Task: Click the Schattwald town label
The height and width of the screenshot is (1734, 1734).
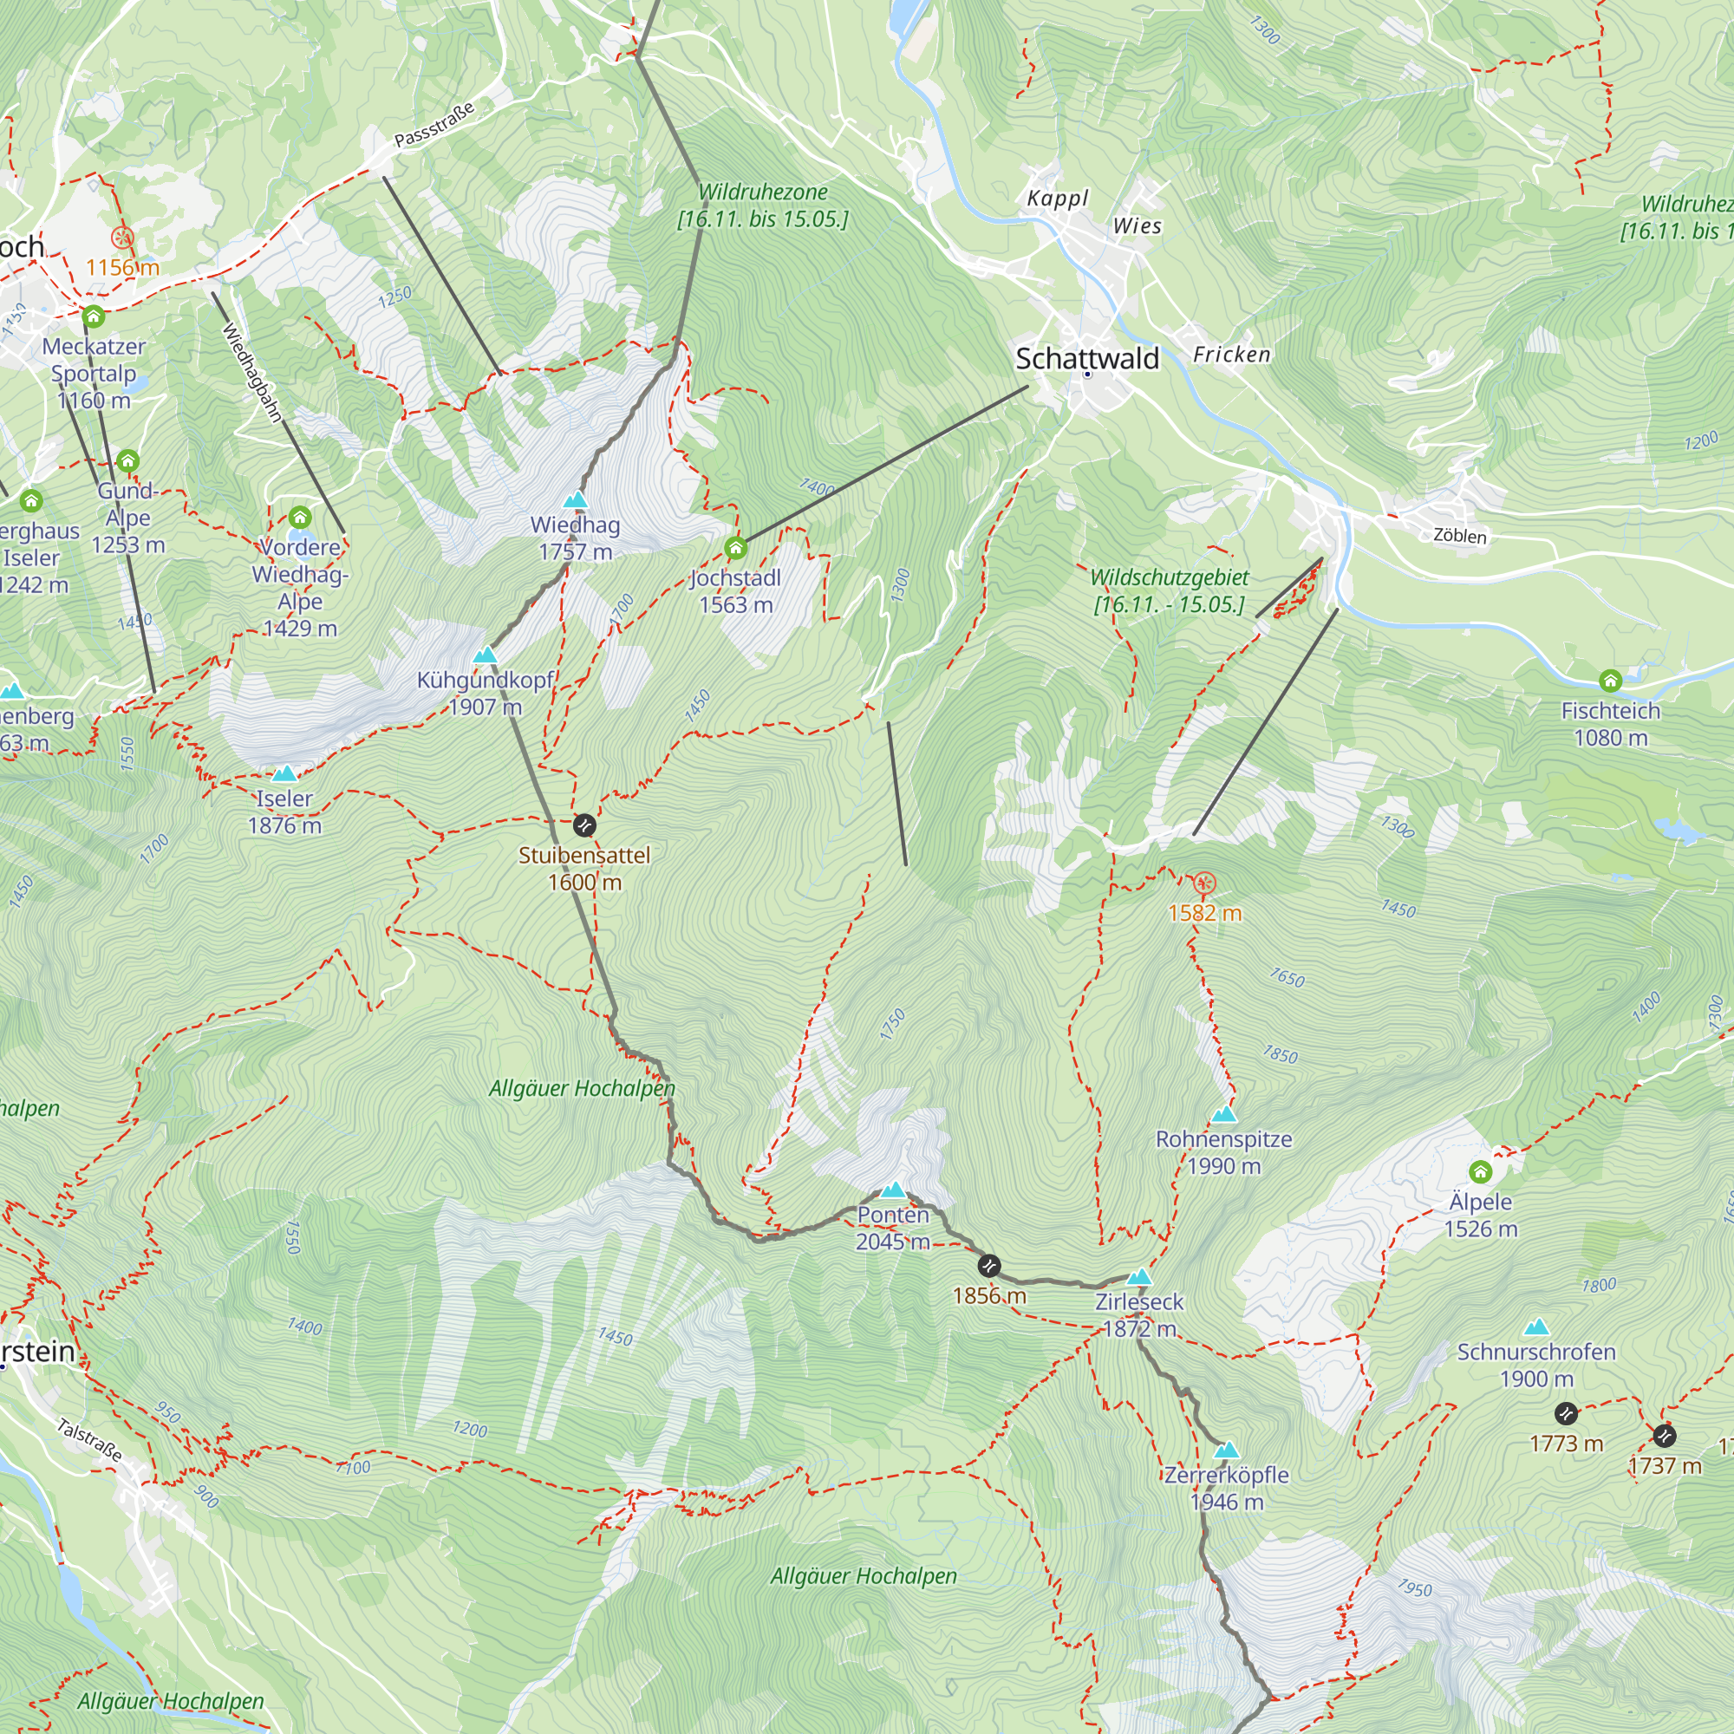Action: [x=1087, y=359]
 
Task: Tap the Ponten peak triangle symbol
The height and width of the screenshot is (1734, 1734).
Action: [x=892, y=1190]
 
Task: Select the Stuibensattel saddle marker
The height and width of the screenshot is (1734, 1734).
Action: [x=584, y=825]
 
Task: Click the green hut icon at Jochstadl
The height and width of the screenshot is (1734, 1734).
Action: [x=736, y=547]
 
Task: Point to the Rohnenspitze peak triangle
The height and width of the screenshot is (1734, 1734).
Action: [x=1224, y=1115]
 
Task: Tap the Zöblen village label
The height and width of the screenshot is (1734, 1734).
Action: [x=1459, y=536]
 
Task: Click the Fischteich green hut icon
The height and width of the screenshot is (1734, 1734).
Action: [x=1610, y=681]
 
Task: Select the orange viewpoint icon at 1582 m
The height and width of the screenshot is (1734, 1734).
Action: [x=1204, y=883]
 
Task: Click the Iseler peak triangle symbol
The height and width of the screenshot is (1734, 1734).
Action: [x=284, y=773]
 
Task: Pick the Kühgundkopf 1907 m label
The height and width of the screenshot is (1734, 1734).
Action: [x=485, y=693]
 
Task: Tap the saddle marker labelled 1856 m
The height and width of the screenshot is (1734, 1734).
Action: [x=988, y=1267]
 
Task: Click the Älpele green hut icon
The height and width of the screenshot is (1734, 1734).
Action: [x=1480, y=1172]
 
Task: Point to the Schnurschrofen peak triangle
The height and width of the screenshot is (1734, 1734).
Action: [x=1536, y=1327]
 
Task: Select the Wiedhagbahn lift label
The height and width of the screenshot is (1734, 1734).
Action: [x=252, y=373]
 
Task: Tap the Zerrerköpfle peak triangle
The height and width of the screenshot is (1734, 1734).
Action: [x=1227, y=1450]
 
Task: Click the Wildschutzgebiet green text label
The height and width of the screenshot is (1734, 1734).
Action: [x=1169, y=590]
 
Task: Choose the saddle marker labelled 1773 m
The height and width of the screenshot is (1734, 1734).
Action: [x=1565, y=1414]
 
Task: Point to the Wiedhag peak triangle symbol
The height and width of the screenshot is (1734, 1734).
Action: [x=576, y=500]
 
